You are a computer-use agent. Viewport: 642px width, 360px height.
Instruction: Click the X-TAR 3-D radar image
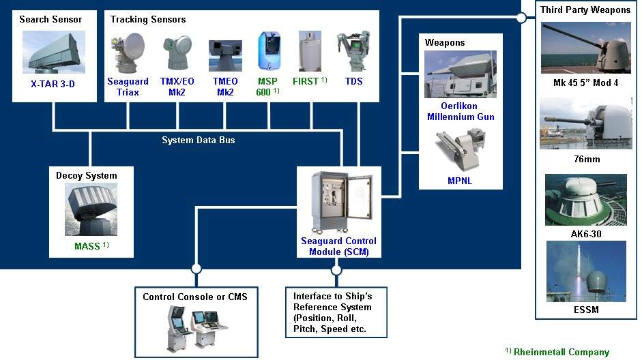pos(53,52)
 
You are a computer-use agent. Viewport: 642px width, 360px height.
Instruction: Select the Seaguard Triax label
pos(128,87)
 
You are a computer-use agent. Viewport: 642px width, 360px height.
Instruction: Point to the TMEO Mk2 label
pos(225,87)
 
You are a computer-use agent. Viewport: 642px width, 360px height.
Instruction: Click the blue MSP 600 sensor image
pos(268,52)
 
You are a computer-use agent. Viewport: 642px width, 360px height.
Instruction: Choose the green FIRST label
pos(305,81)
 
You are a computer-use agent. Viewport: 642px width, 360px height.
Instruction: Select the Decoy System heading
pos(86,175)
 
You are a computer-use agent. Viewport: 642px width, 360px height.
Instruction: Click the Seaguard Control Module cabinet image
pos(338,202)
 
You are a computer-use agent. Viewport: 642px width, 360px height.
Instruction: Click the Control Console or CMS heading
pos(195,297)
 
